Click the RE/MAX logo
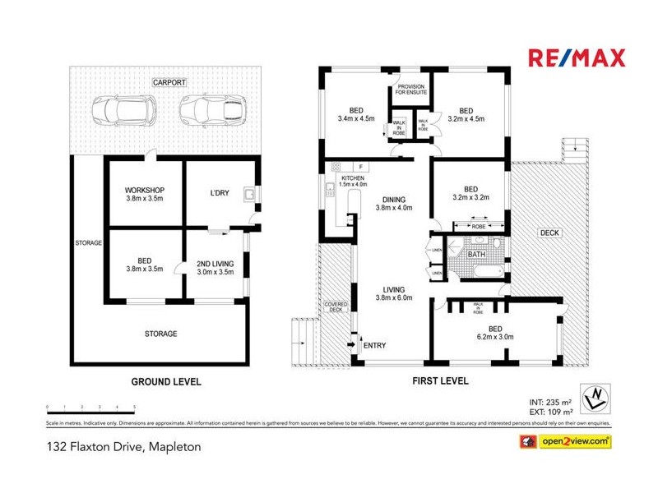[x=576, y=58]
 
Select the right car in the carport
[x=211, y=109]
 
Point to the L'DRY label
[x=219, y=193]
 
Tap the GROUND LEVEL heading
[x=166, y=381]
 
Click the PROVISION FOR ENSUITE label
[x=410, y=90]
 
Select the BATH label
[x=477, y=255]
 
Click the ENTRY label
[x=374, y=345]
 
